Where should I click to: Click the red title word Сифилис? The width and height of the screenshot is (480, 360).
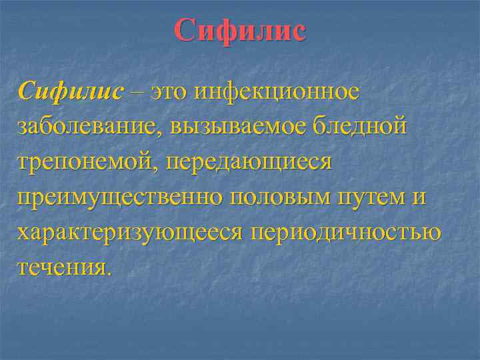[241, 31]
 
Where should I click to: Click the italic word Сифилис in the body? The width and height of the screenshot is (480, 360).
[71, 91]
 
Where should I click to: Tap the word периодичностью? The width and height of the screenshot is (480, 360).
[345, 233]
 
